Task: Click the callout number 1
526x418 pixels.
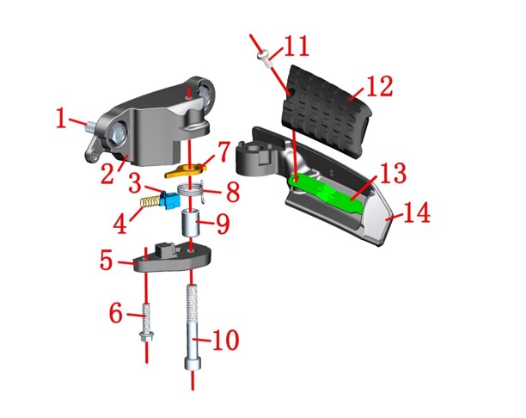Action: [61, 118]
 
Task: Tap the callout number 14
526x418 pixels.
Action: [417, 212]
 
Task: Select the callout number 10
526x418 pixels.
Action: [226, 340]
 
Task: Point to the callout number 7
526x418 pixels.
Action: [223, 152]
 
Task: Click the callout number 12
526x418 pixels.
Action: [379, 86]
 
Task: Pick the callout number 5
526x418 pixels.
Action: [107, 260]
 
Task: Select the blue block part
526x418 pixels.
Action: [170, 200]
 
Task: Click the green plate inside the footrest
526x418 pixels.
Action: [325, 193]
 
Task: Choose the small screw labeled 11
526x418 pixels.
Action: [265, 58]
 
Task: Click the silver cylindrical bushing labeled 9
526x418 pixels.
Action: [191, 224]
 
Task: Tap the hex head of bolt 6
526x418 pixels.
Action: [146, 335]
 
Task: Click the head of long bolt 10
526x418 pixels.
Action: [193, 364]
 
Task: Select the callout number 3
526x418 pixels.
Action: [135, 184]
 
